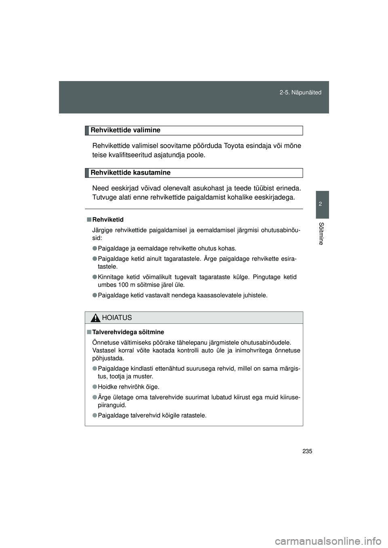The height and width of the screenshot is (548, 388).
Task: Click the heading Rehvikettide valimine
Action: (125, 130)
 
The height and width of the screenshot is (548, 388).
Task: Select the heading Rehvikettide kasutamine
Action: (130, 172)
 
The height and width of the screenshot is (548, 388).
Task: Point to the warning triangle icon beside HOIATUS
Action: (95, 318)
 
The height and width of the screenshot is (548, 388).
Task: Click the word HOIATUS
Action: (117, 318)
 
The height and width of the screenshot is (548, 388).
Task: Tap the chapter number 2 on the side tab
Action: (320, 204)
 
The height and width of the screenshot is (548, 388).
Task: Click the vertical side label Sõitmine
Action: (320, 233)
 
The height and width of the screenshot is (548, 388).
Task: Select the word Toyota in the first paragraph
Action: (240, 146)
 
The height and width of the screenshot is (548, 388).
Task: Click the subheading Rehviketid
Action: (108, 220)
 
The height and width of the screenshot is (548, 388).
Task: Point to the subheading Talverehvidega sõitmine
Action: (128, 332)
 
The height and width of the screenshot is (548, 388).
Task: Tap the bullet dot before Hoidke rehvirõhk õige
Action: (94, 387)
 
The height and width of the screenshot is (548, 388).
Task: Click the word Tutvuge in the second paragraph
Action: (105, 197)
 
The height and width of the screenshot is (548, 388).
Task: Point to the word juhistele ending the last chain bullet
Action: (253, 295)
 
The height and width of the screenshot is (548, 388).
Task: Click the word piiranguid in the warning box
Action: (112, 405)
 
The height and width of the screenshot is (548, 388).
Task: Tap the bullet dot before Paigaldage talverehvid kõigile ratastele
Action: (94, 416)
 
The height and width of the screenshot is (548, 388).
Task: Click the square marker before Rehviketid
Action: (88, 220)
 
